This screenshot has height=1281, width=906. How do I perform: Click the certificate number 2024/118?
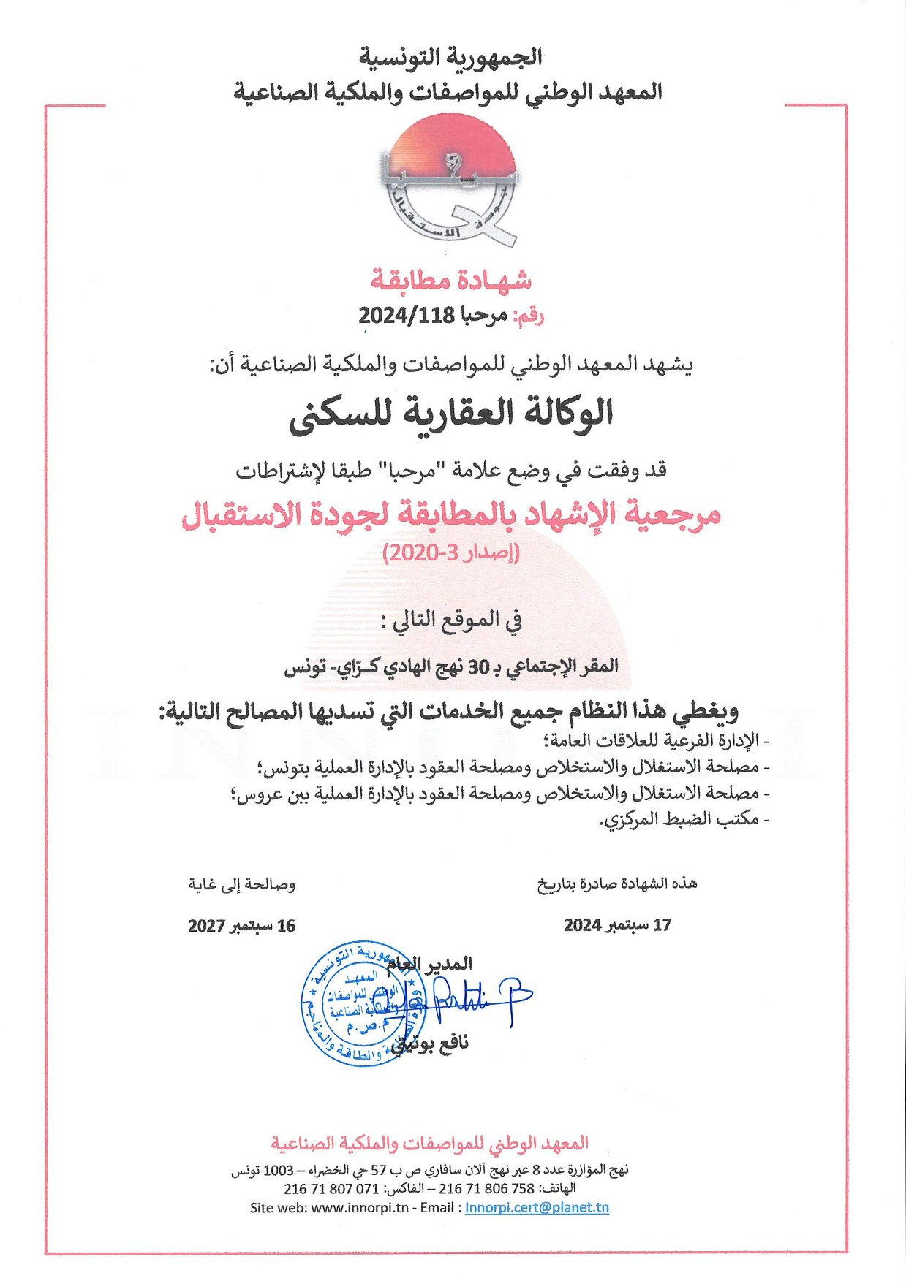pyautogui.click(x=406, y=316)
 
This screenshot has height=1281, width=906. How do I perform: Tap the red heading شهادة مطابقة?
pyautogui.click(x=451, y=279)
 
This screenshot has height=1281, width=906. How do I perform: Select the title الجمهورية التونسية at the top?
pyautogui.click(x=451, y=56)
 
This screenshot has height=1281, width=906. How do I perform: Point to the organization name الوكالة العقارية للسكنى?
pyautogui.click(x=451, y=414)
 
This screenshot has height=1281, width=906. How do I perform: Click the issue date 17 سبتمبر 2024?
pyautogui.click(x=617, y=925)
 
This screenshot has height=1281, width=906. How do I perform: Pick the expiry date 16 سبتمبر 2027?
pyautogui.click(x=241, y=926)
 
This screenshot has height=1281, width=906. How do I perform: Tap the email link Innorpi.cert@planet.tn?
pyautogui.click(x=537, y=1207)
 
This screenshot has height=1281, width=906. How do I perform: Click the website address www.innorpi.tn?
pyautogui.click(x=360, y=1207)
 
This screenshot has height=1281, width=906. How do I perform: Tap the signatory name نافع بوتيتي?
pyautogui.click(x=431, y=1043)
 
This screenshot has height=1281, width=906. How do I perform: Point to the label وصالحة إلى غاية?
pyautogui.click(x=241, y=885)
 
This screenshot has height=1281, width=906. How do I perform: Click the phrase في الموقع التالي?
pyautogui.click(x=451, y=621)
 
